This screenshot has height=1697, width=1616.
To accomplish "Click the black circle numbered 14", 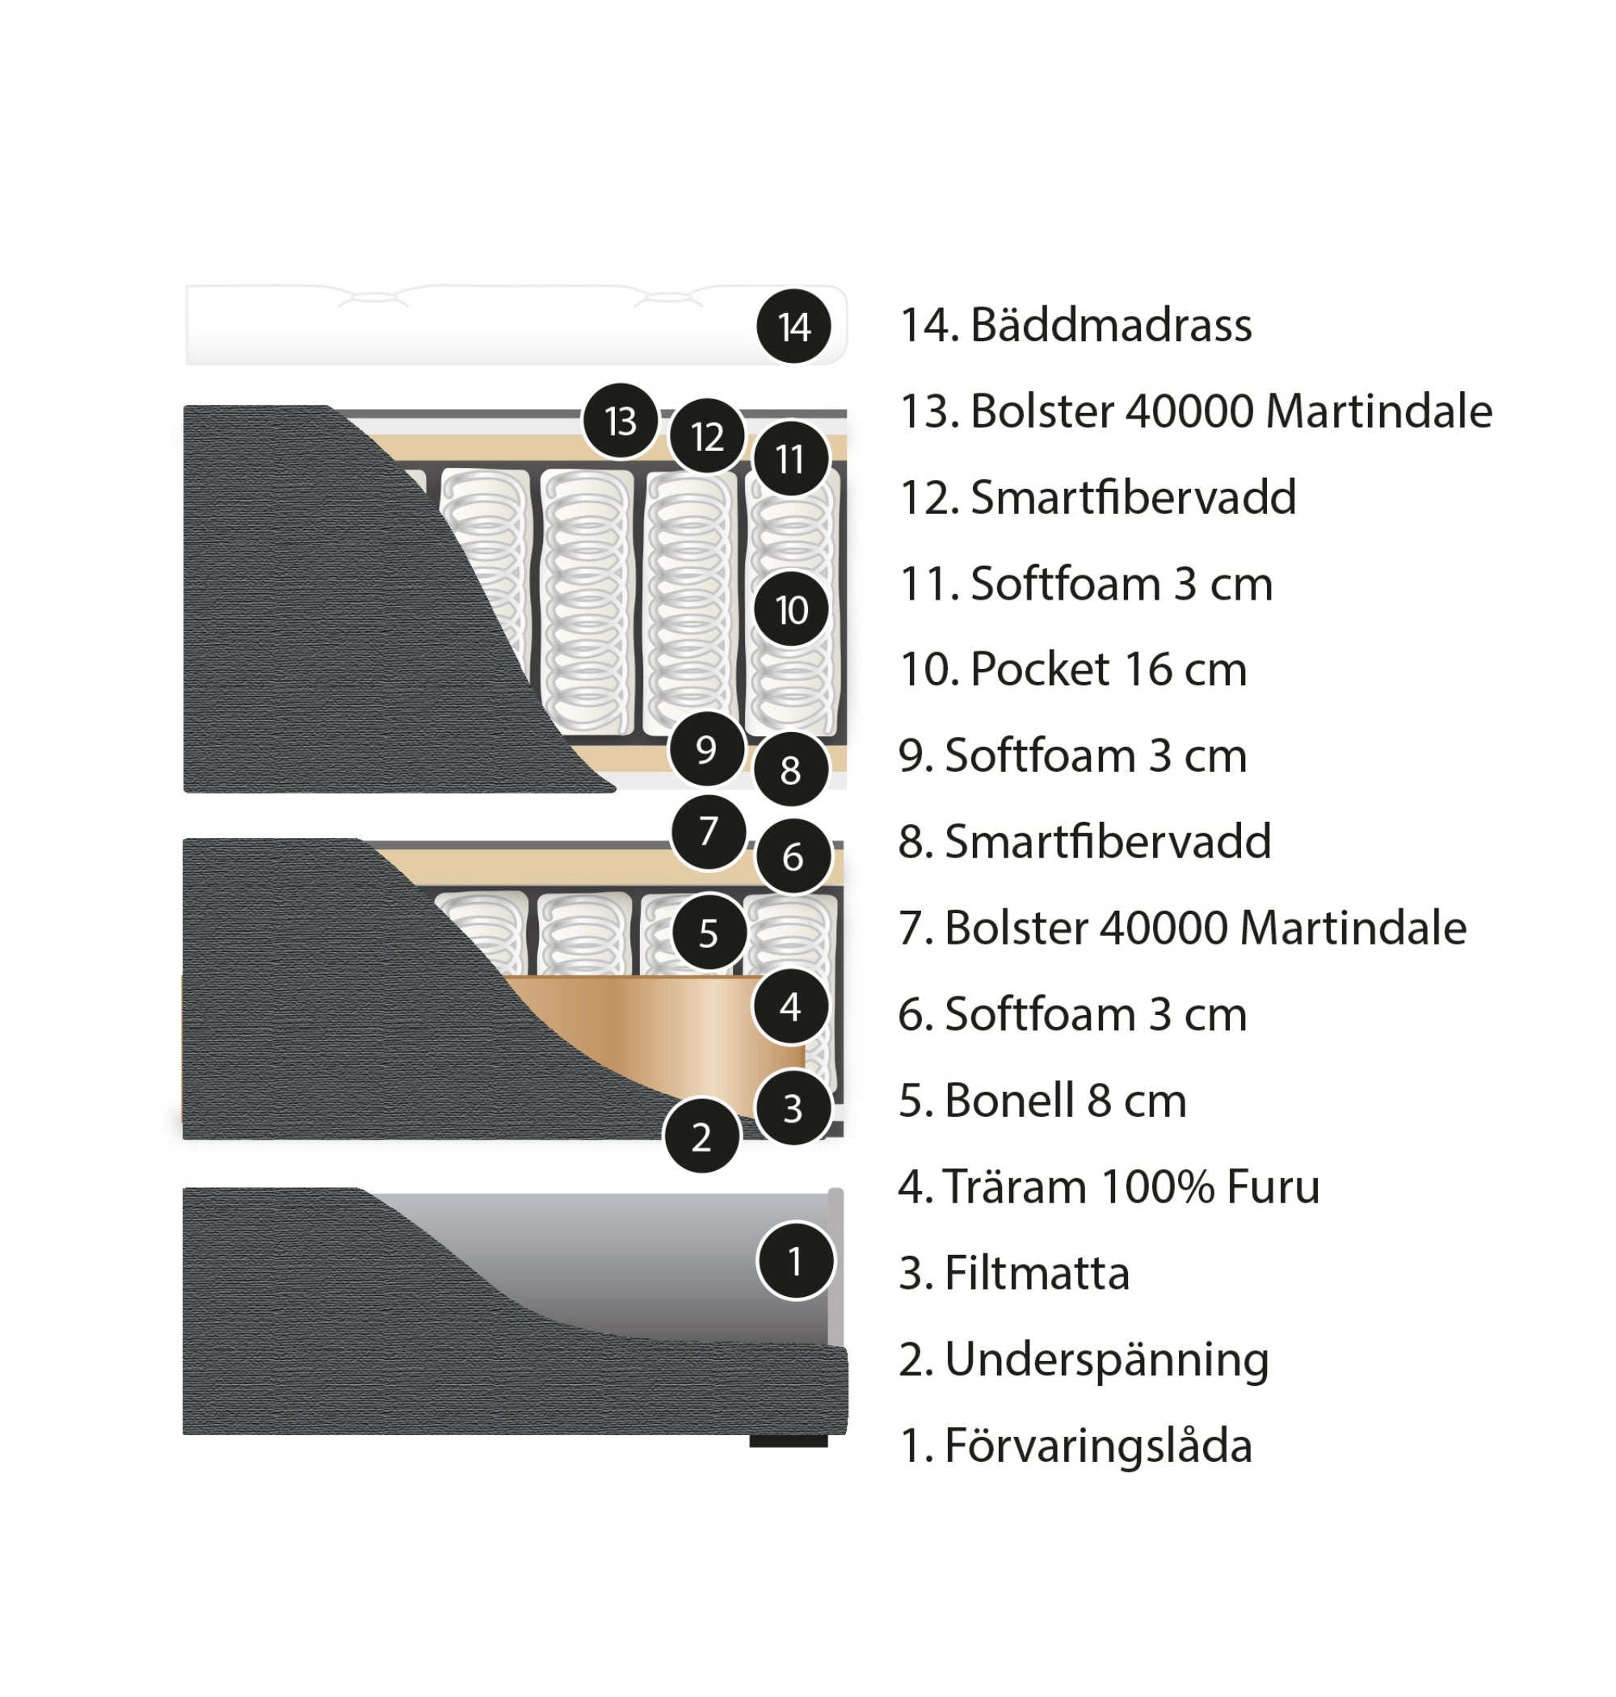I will coord(793,326).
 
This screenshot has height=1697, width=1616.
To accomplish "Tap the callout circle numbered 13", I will coord(621,421).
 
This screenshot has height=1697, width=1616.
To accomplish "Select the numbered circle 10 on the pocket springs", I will coord(791,610).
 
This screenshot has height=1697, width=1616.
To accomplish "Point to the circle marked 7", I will coord(708,832).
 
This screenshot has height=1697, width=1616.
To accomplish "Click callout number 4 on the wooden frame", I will coord(790,1006).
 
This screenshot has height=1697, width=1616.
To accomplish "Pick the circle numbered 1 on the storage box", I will coord(795,1261).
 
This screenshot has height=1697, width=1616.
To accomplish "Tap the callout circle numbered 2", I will coord(701,1137).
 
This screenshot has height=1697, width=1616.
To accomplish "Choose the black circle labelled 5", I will coord(708,933).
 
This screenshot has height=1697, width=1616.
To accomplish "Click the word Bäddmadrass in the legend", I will coord(1110,326).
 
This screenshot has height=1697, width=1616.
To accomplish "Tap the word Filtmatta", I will coord(1037,1274).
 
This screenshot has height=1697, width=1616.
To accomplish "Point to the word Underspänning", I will coord(1106,1360).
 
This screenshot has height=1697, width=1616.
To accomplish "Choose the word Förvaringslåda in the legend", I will coord(1097,1446).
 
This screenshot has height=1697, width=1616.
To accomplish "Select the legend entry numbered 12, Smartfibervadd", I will coord(1097,498).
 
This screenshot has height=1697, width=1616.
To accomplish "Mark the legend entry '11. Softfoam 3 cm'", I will coord(1085,584).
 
